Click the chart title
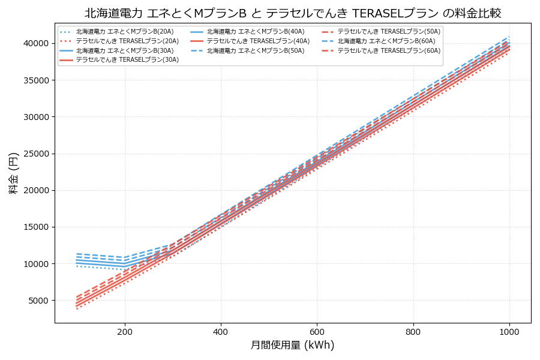[x=293, y=13]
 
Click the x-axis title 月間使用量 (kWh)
[x=293, y=345]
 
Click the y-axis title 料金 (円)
[x=13, y=173]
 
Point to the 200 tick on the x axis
[x=125, y=331]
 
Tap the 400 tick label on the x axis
[x=221, y=331]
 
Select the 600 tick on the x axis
[x=317, y=331]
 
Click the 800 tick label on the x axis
[x=413, y=331]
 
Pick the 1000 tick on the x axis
[x=509, y=331]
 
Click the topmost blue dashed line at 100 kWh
[x=77, y=254]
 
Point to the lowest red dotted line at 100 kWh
[x=77, y=309]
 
